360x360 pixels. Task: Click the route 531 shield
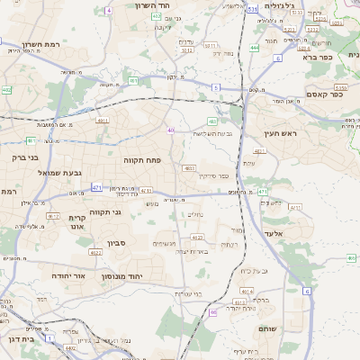tap(251, 8)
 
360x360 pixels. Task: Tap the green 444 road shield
tap(255, 47)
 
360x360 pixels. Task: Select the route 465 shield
tap(351, 258)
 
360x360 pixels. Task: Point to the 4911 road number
tap(102, 119)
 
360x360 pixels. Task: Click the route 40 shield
tap(170, 130)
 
